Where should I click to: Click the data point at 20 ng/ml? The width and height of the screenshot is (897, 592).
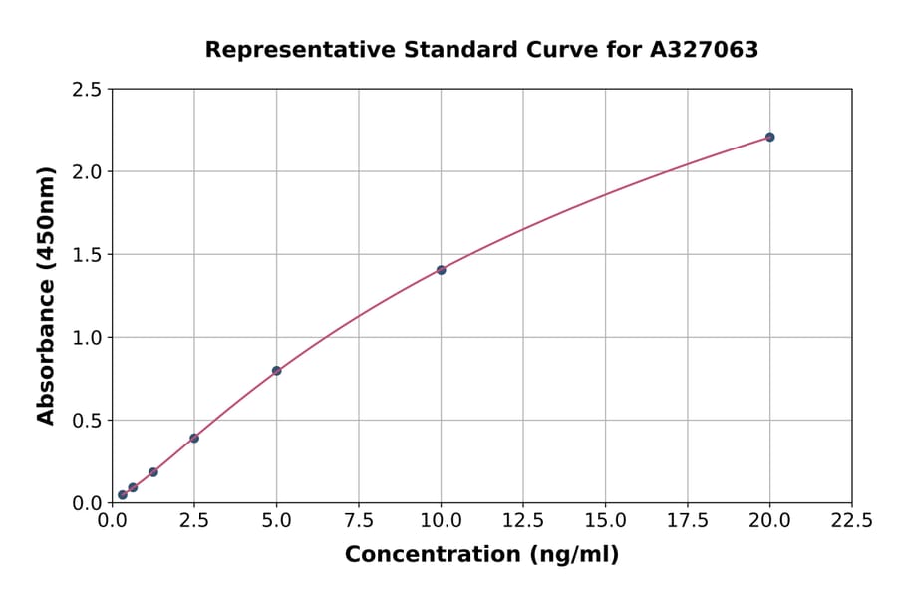769,137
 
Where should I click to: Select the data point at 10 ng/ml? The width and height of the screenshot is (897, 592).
441,270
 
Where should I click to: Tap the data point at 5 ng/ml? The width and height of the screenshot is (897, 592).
276,371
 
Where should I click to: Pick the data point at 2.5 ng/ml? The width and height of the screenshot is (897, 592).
194,438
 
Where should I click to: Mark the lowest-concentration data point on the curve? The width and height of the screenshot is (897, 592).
123,494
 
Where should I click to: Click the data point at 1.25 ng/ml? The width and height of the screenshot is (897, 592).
153,472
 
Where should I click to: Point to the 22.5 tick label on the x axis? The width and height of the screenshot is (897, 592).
851,520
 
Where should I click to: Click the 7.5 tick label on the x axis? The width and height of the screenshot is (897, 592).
359,520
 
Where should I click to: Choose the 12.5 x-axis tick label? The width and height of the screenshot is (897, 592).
523,520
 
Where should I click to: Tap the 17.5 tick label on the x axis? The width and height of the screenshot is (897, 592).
687,520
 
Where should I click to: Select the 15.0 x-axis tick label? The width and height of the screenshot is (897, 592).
605,520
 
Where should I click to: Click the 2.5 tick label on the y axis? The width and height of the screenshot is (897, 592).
88,90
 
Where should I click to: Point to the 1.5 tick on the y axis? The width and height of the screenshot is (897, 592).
88,255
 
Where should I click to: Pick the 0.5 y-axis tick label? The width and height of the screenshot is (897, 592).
88,421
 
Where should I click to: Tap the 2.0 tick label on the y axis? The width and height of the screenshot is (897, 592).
88,172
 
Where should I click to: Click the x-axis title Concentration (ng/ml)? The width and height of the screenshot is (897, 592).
481,555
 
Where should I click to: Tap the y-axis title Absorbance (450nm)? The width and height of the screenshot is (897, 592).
46,296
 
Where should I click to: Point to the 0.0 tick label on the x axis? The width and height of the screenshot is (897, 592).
113,520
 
